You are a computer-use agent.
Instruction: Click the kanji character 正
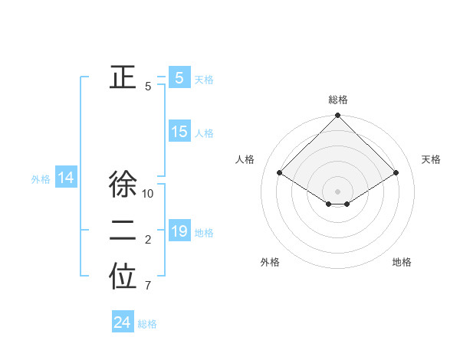coord(123,78)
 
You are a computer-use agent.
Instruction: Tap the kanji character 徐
coord(123,185)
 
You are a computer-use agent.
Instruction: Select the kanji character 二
coord(123,231)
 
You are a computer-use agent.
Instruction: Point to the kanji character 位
coord(123,278)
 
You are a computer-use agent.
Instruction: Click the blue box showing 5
coord(179,78)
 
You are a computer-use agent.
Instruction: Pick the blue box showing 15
coord(179,132)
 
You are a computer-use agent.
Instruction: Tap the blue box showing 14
coord(66,178)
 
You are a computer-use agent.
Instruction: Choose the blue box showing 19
coord(179,231)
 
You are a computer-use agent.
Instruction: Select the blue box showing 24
coord(123,322)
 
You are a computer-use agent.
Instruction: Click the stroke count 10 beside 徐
coord(148,194)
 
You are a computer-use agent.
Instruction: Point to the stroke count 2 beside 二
coord(148,241)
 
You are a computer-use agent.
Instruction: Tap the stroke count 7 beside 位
coord(148,286)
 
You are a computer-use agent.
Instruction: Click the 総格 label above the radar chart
coord(338,100)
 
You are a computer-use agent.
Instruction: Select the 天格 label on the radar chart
coord(431,159)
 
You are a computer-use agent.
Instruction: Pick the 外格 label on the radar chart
coord(270,262)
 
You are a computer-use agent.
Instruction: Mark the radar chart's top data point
coord(338,116)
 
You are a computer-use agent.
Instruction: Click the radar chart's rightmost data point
coord(396,173)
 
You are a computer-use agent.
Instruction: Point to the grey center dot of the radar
coord(338,191)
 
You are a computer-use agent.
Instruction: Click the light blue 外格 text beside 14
coord(41,179)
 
